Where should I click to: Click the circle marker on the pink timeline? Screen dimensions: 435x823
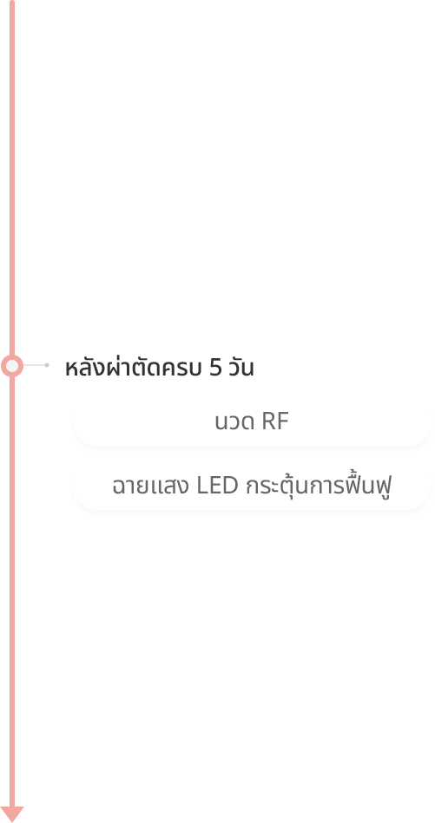pyautogui.click(x=12, y=365)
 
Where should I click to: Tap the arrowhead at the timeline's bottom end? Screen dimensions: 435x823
pyautogui.click(x=12, y=813)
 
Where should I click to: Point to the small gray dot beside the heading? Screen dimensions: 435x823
pyautogui.click(x=47, y=365)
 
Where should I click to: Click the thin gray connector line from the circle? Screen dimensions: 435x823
pyautogui.click(x=35, y=365)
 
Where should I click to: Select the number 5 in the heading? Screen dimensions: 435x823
pyautogui.click(x=215, y=369)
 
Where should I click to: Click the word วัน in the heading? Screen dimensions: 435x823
pyautogui.click(x=241, y=368)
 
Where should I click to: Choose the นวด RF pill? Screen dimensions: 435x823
pyautogui.click(x=252, y=422)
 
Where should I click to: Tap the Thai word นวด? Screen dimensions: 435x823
pyautogui.click(x=234, y=422)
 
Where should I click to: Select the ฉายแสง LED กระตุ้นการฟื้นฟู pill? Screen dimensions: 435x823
pyautogui.click(x=252, y=486)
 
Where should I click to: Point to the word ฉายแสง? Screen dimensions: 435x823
pyautogui.click(x=150, y=487)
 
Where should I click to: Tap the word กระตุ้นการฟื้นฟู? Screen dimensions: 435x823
pyautogui.click(x=319, y=486)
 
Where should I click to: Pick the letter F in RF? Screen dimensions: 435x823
pyautogui.click(x=283, y=422)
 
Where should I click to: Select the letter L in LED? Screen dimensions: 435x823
pyautogui.click(x=202, y=486)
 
